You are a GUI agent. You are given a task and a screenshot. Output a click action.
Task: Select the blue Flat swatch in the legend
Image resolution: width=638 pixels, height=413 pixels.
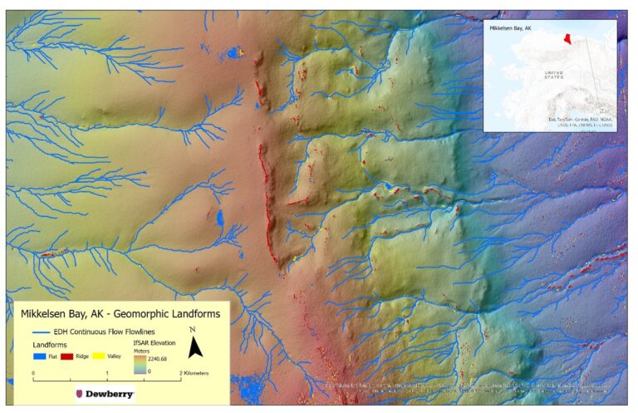40,355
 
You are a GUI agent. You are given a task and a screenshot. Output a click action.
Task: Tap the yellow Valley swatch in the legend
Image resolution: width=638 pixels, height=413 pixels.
101,355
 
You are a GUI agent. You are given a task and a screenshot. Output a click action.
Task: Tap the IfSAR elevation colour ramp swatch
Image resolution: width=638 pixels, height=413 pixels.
139,366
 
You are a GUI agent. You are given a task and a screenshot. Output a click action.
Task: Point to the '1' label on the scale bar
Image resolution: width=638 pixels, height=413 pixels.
107,374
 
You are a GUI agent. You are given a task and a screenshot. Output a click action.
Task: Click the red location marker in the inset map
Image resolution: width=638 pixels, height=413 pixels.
567,39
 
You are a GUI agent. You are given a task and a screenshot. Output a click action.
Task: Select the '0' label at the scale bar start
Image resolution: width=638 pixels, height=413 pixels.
33,374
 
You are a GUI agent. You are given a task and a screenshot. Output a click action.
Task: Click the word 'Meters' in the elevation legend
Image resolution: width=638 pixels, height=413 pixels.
144,351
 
